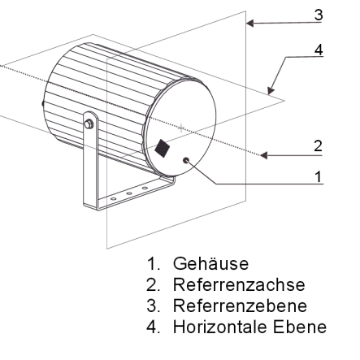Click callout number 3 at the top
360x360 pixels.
(x=319, y=15)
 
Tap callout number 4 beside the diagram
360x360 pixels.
(x=319, y=50)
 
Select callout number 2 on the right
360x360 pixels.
(x=318, y=146)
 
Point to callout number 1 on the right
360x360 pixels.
(x=319, y=176)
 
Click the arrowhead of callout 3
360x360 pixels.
(x=249, y=24)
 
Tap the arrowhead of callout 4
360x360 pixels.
(x=271, y=90)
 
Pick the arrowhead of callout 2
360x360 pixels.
(x=264, y=155)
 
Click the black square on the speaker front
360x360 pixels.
(x=163, y=148)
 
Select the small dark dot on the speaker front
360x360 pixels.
(x=186, y=160)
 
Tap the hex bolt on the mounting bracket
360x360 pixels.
(x=89, y=124)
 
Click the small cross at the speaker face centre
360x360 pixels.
(x=181, y=128)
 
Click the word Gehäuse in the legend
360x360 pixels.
(x=210, y=263)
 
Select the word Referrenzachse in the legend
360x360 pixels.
(x=239, y=284)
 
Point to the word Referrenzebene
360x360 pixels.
(x=240, y=306)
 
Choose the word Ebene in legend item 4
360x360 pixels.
(x=300, y=327)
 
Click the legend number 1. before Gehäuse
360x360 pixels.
(x=154, y=264)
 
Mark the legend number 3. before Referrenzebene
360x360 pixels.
(x=154, y=306)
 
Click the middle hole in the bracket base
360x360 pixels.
(x=129, y=193)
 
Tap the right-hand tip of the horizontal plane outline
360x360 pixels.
(x=284, y=101)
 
